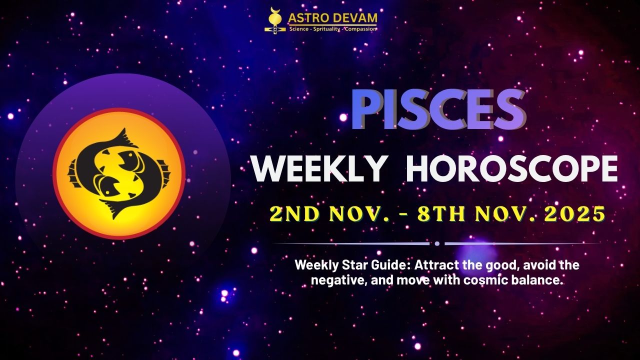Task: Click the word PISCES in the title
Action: (437, 110)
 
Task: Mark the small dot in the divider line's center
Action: (437, 244)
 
